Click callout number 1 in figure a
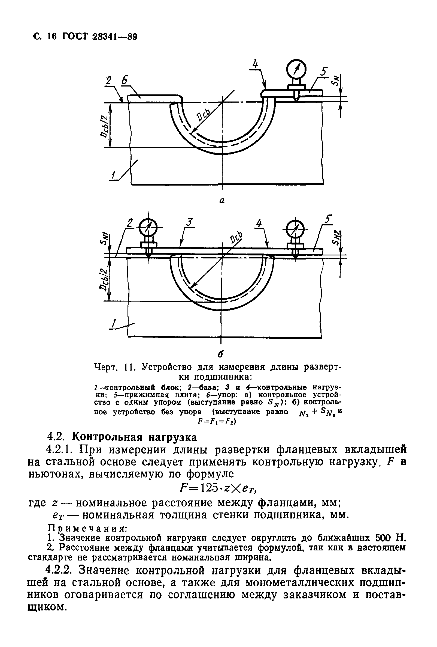pyautogui.click(x=113, y=175)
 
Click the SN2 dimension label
pyautogui.click(x=337, y=237)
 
